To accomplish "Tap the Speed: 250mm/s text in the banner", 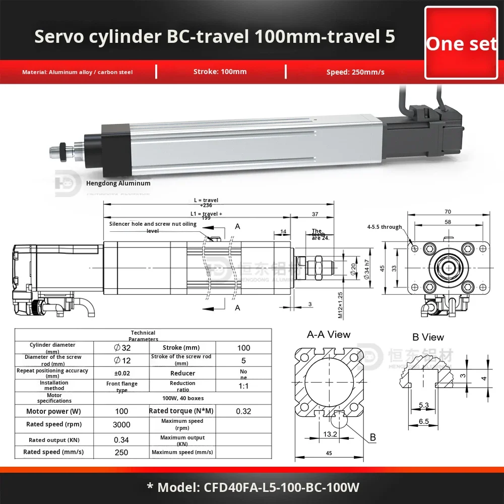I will coord(355,72).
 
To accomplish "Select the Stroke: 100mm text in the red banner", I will coord(220,72).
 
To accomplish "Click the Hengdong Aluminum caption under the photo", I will coord(118,183).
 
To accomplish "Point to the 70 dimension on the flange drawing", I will coord(448,212).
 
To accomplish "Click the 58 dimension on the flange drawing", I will coord(448,222).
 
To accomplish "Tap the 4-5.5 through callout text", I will coord(385,227).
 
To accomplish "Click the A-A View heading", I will coord(329,335).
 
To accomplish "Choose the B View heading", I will coord(428,337).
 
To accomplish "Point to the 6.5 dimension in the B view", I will coord(423,422).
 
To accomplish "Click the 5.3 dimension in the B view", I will coord(423,405).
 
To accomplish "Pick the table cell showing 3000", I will coord(121,424).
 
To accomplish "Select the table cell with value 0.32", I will coord(243,411).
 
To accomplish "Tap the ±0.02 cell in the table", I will coord(121,373).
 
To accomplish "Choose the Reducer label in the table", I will coord(182,373).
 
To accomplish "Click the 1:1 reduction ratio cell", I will coord(243,386).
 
